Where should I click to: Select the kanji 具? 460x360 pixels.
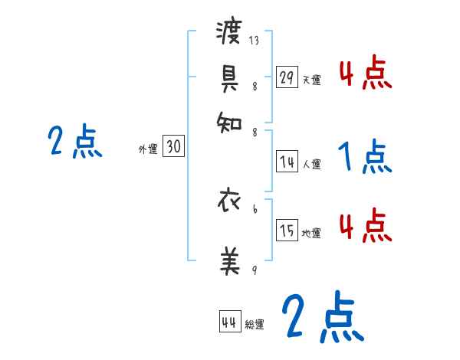229,76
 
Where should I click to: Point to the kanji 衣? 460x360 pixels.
230,204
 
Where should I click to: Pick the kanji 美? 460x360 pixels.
230,261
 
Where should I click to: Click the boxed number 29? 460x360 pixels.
287,77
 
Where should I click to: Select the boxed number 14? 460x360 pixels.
287,162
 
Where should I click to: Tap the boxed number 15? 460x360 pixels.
287,231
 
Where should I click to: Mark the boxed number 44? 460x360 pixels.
229,322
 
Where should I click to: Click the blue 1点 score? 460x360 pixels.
364,157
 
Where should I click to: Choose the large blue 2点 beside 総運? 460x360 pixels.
322,316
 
